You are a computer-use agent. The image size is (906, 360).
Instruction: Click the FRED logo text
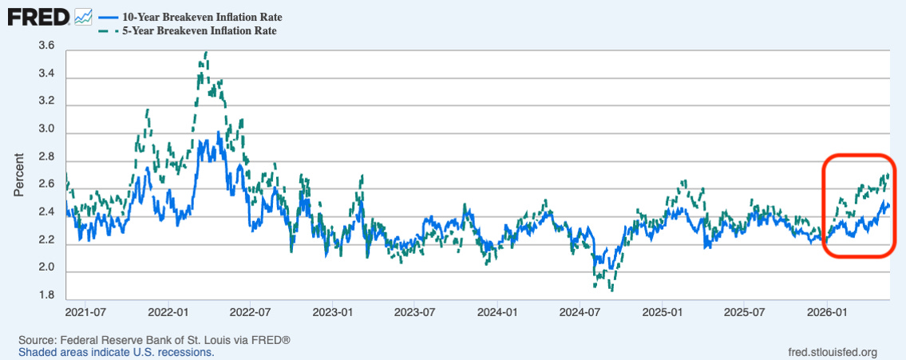(x=38, y=18)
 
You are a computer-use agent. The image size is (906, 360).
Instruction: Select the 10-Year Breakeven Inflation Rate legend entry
(x=191, y=17)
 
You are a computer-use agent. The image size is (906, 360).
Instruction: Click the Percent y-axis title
(x=19, y=175)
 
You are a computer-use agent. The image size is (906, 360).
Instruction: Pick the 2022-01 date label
(x=168, y=313)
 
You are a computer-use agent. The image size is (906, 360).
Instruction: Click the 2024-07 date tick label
(x=580, y=313)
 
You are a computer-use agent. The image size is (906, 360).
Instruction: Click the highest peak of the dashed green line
(x=206, y=51)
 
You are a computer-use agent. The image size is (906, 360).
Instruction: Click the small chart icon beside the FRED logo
(x=83, y=17)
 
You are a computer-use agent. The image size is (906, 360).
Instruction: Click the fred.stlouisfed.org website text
(x=833, y=352)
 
